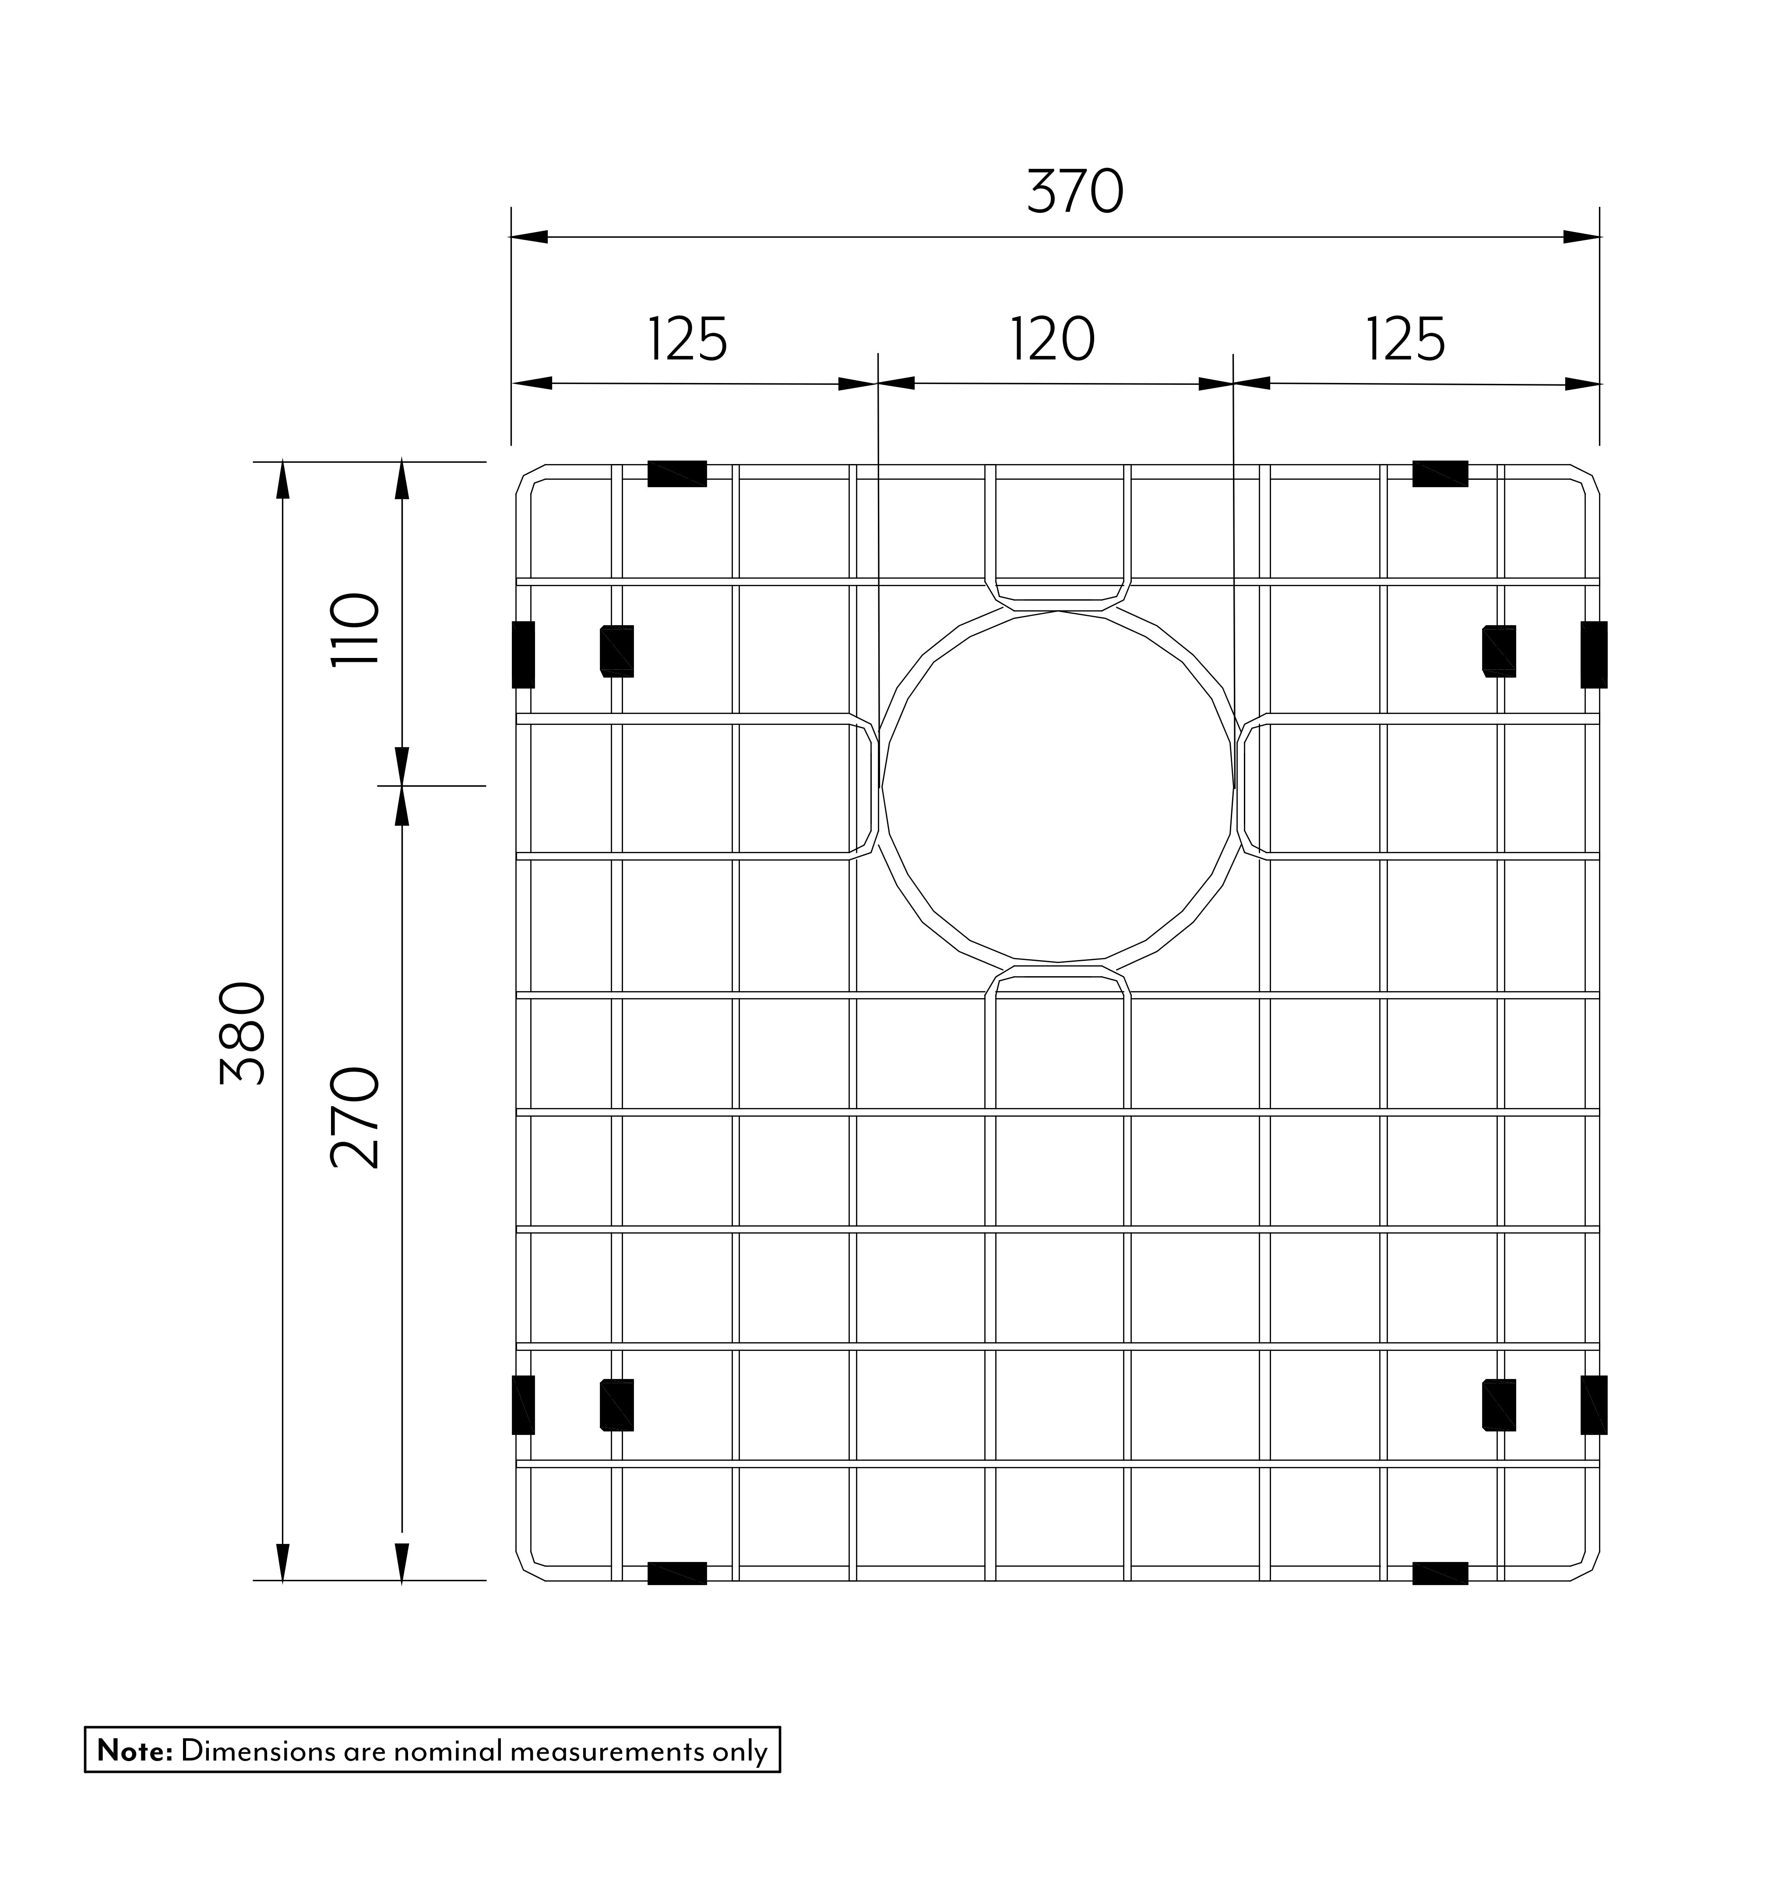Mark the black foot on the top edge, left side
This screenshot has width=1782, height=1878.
point(677,473)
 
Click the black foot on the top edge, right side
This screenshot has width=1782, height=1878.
point(1440,473)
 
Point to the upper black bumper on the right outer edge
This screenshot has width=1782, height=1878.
point(1594,654)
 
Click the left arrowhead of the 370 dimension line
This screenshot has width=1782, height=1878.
point(529,236)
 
